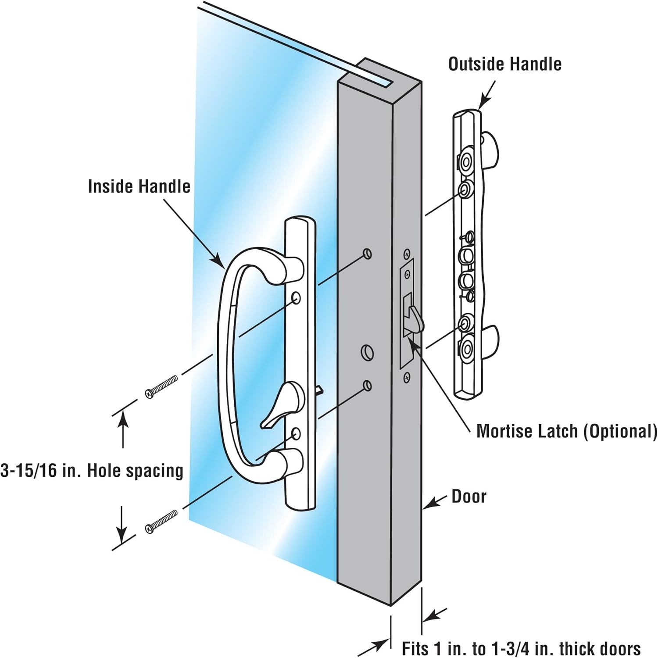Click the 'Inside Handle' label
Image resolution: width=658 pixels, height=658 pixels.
139,186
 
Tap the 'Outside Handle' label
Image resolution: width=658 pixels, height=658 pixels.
504,64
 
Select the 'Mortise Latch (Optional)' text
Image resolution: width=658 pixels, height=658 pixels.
567,432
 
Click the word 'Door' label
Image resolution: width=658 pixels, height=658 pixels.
469,497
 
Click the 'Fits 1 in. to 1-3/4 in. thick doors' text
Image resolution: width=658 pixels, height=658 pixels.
521,648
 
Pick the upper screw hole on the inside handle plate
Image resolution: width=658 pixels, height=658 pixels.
296,298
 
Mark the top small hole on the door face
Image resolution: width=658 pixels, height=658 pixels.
368,253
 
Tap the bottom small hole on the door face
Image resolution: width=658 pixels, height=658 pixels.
368,386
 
